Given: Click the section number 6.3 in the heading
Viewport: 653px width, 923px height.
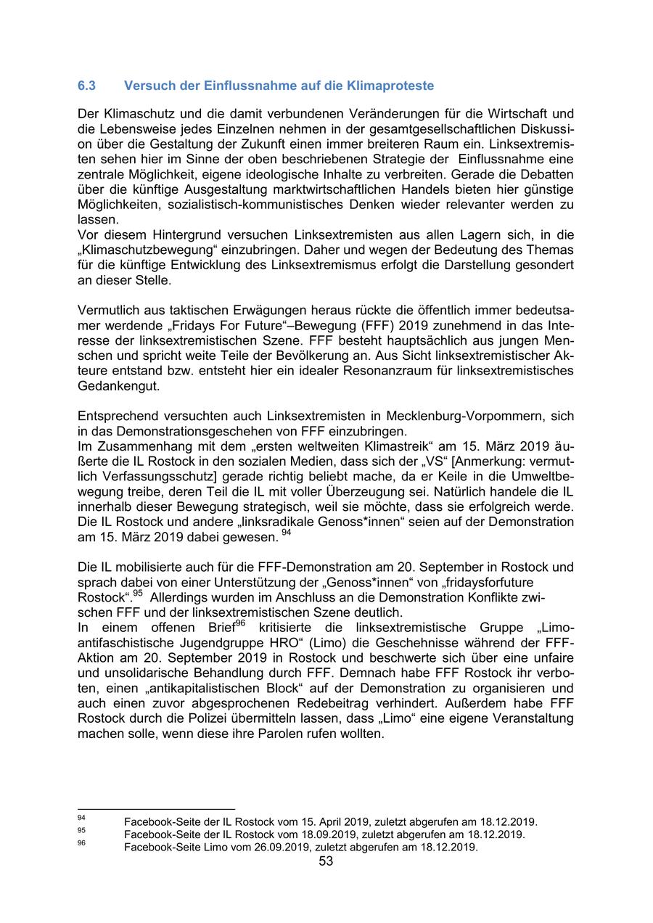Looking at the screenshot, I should click(86, 86).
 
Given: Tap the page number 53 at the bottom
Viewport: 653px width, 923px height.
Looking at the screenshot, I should click(326, 861).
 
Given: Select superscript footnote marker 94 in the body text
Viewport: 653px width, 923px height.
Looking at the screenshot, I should click(285, 533).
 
